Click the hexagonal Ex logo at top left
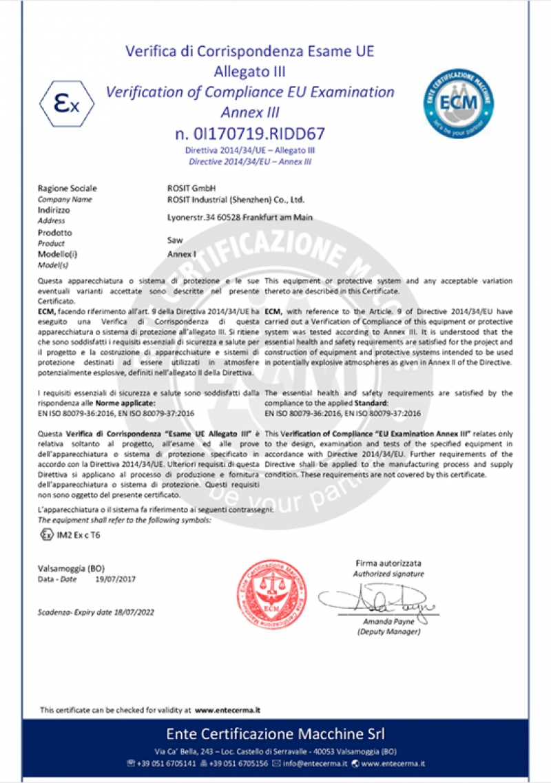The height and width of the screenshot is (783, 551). click(66, 104)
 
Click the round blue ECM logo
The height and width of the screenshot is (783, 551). click(459, 103)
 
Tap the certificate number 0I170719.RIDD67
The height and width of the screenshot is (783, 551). click(250, 133)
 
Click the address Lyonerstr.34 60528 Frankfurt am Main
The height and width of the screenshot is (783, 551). click(240, 217)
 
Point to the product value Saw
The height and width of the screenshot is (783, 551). click(174, 240)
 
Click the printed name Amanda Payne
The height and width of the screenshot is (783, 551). click(389, 622)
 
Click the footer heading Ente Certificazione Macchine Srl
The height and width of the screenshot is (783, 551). click(275, 732)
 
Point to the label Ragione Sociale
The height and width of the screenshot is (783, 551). click(67, 188)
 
